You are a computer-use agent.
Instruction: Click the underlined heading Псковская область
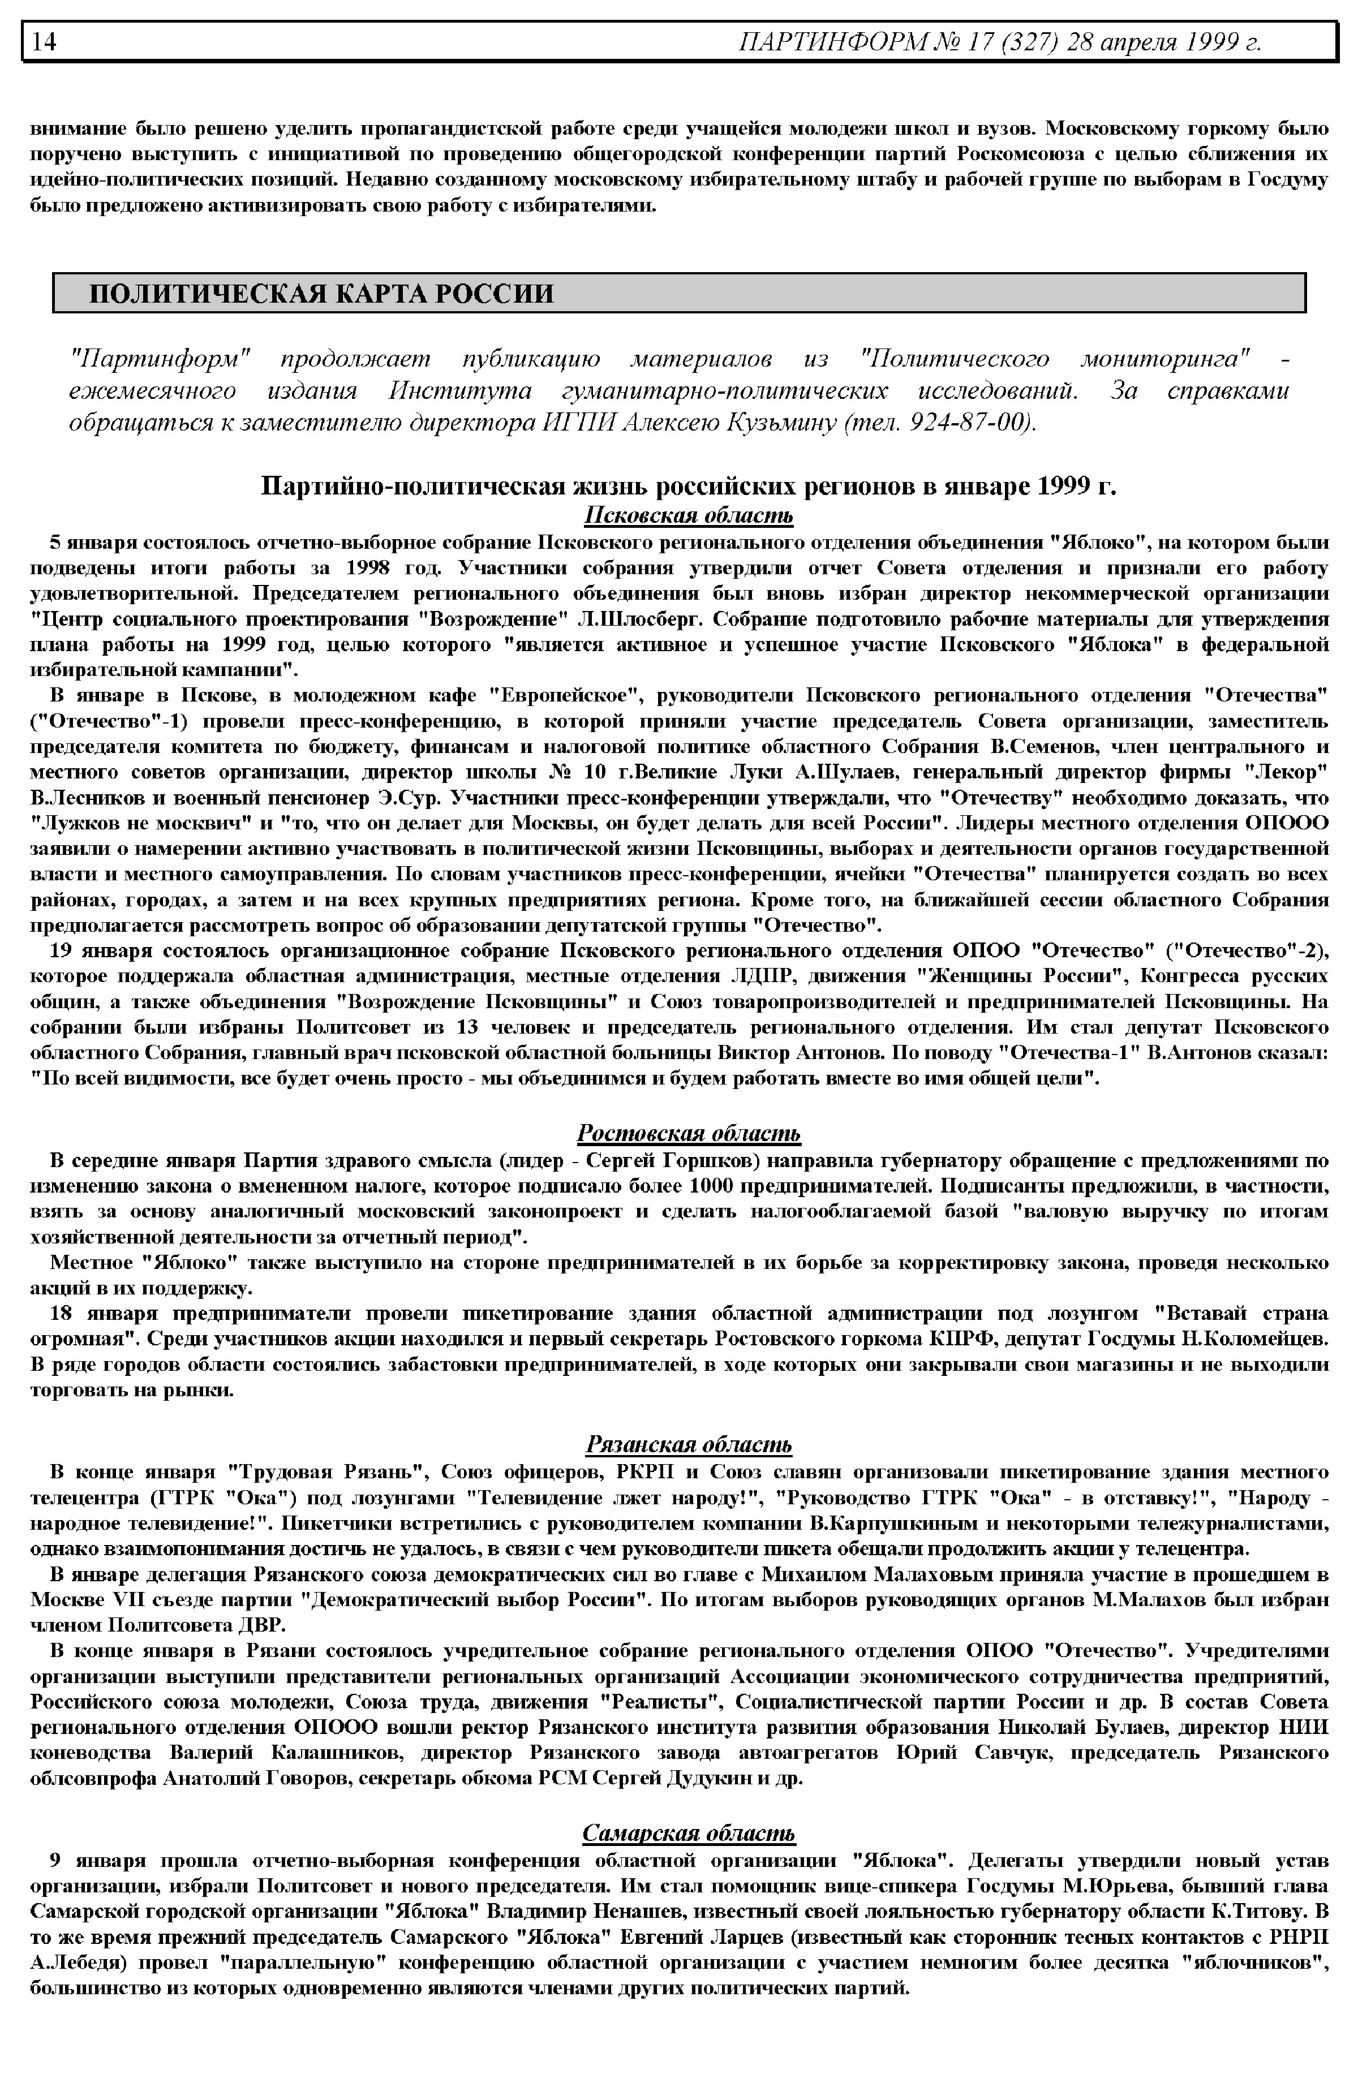(x=689, y=516)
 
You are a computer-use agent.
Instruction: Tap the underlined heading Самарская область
(x=689, y=1834)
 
